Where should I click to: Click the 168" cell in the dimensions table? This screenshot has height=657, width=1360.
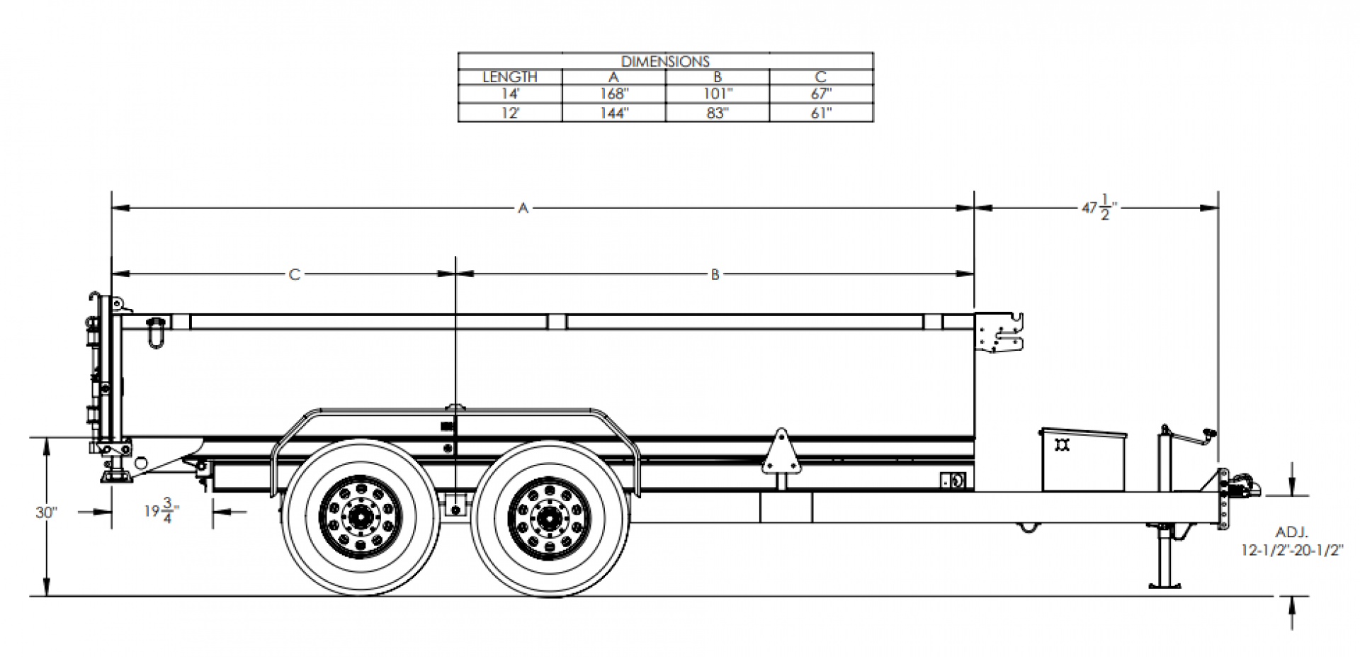coord(613,94)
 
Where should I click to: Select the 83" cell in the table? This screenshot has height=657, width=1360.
coord(717,113)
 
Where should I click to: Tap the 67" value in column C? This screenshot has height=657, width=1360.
coord(820,94)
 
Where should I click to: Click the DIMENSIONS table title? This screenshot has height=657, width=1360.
coord(665,62)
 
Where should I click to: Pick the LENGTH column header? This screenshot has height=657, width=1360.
coord(510,77)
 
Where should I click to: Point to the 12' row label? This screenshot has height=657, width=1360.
coord(510,113)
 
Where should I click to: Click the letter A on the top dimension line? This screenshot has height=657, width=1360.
coord(523,208)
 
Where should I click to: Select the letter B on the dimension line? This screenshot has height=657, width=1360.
coord(715,274)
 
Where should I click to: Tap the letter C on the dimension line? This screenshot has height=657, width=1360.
coord(295,274)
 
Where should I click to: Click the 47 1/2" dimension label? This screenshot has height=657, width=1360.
coord(1099,209)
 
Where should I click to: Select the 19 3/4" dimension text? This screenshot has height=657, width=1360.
coord(161,510)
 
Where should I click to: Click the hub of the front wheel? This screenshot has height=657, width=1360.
coord(549,518)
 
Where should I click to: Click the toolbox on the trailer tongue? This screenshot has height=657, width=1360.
coord(1082,460)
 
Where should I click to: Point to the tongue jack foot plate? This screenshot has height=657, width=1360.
coord(1165,584)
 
